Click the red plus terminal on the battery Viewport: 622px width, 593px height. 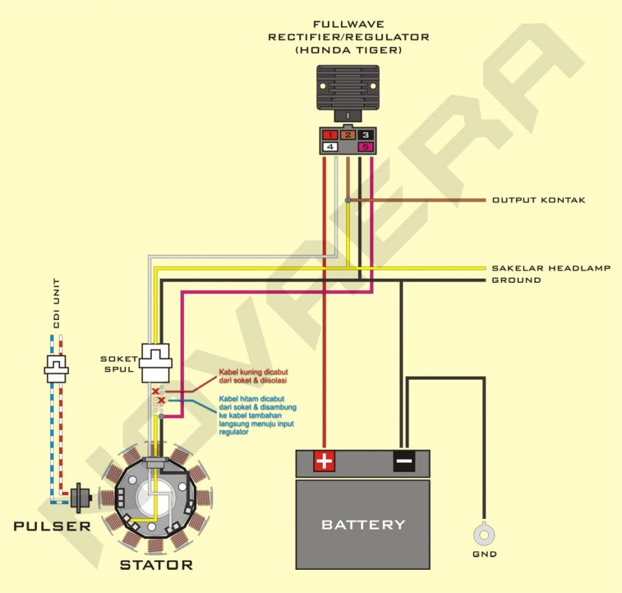[324, 461]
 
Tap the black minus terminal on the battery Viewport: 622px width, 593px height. [404, 461]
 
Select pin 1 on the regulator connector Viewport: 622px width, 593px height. [330, 134]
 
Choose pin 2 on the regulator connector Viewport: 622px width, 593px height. [348, 134]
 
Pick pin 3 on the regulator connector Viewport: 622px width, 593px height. [365, 134]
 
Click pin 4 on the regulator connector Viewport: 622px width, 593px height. [330, 147]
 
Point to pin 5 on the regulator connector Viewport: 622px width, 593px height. [365, 147]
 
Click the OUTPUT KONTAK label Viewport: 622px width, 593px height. [538, 200]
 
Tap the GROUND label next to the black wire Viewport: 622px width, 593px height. [516, 280]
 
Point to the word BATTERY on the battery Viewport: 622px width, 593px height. [362, 524]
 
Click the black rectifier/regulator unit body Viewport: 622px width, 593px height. [348, 88]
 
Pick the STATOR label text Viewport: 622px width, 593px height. [156, 565]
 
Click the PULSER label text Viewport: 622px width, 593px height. [52, 526]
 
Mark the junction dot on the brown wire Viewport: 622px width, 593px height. [348, 201]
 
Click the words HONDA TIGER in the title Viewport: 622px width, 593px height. [348, 51]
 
